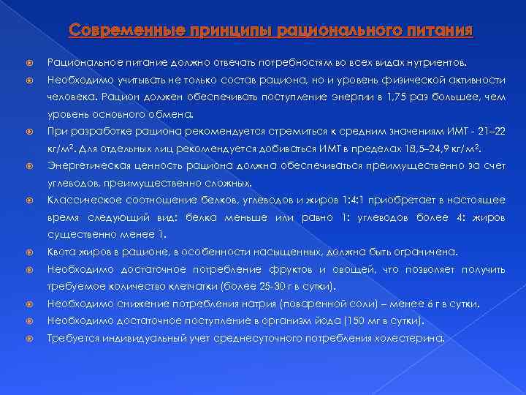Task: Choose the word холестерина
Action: pos(411,338)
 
